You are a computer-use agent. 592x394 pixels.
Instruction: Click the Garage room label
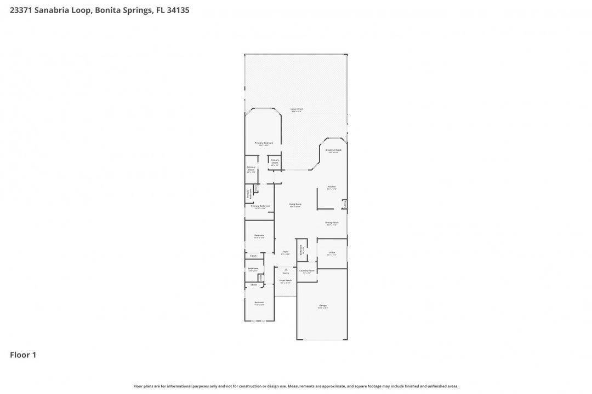point(323,306)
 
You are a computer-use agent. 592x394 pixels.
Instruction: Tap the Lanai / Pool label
point(297,109)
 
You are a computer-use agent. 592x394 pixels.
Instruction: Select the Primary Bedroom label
point(264,143)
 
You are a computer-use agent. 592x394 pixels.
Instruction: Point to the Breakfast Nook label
point(333,150)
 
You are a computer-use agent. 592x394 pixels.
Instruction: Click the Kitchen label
point(332,187)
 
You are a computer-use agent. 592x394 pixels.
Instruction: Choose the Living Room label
point(295,205)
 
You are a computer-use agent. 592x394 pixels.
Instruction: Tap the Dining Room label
point(332,223)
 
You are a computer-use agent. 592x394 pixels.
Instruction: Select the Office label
point(332,253)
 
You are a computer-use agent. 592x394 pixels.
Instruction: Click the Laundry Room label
point(307,271)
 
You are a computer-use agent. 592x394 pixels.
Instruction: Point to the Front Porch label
point(286,281)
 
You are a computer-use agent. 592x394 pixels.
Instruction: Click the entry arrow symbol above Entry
point(286,269)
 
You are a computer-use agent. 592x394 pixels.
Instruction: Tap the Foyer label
point(286,252)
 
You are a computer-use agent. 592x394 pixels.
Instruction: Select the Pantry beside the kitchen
point(344,204)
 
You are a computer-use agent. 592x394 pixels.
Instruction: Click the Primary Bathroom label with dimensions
point(261,206)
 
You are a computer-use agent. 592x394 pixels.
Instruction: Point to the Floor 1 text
point(23,355)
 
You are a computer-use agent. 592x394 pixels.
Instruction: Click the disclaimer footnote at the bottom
point(296,386)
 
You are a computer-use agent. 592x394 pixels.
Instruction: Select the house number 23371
point(22,10)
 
